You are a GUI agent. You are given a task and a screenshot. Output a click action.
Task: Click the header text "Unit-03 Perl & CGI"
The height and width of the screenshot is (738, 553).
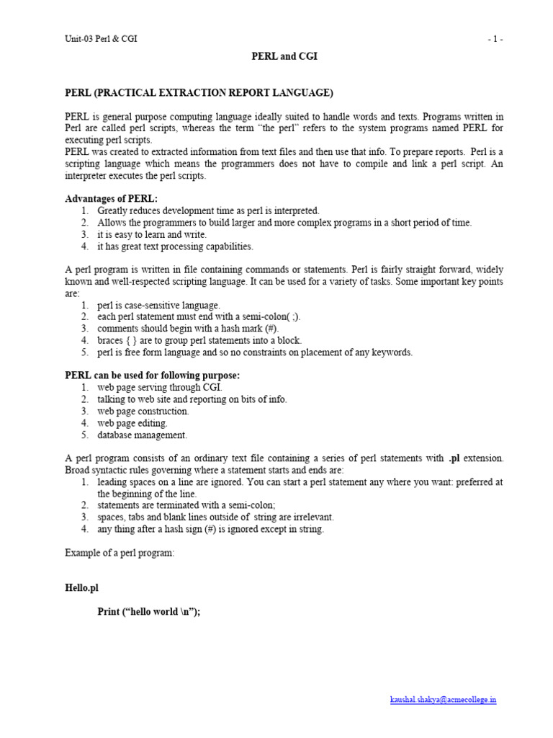click(101, 39)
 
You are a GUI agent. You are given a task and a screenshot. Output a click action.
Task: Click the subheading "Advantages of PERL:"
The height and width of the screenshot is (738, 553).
click(111, 198)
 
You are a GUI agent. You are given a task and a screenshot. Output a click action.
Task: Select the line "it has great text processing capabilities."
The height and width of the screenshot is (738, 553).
click(175, 246)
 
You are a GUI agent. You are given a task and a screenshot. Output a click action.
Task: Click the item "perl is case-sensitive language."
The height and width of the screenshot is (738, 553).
click(158, 305)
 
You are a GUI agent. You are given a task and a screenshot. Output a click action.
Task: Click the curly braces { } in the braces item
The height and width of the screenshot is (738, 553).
click(135, 340)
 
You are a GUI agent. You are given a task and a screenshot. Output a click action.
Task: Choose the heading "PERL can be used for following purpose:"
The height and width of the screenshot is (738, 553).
click(153, 375)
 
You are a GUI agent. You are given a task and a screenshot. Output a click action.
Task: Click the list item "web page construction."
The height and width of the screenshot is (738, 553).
click(143, 411)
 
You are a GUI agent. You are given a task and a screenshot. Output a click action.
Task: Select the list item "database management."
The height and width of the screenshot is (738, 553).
click(142, 435)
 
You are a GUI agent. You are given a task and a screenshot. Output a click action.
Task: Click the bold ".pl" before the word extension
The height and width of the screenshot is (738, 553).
click(454, 458)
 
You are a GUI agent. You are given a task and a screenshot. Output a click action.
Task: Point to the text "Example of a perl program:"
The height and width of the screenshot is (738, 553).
click(120, 552)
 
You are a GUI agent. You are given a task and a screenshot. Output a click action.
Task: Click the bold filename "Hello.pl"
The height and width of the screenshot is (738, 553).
click(81, 588)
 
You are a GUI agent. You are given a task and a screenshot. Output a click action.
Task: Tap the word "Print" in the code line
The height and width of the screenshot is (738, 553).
click(111, 612)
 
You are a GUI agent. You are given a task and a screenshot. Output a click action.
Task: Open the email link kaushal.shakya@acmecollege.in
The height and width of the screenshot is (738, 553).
click(443, 700)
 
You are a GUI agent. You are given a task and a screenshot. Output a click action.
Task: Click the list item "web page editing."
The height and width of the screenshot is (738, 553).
click(132, 423)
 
